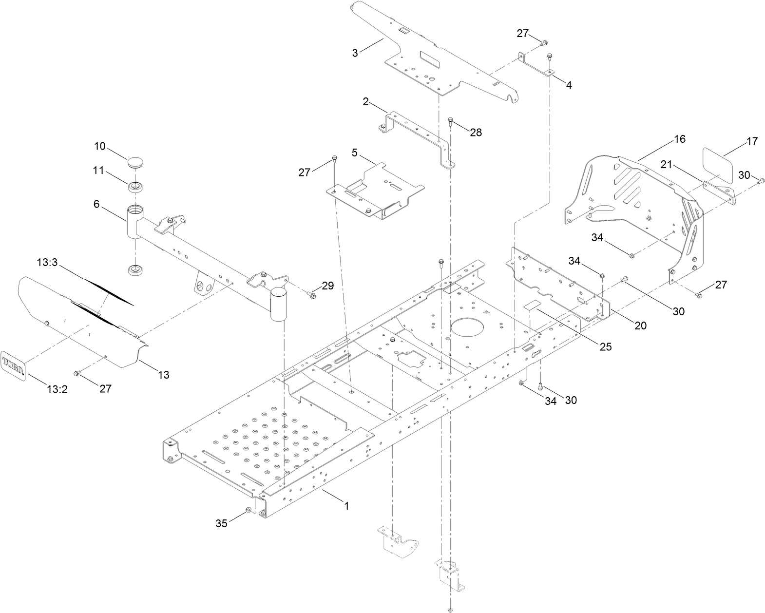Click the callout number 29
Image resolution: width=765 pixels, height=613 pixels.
coord(327,286)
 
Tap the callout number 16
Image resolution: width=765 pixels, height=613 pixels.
coord(679,139)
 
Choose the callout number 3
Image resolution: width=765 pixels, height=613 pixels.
coord(355,53)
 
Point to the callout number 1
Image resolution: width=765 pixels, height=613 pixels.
coord(346,506)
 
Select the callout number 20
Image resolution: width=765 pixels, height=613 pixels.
coord(640,326)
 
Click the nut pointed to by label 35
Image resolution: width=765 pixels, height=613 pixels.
coord(249,510)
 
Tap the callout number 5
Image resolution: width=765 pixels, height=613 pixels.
coord(354,153)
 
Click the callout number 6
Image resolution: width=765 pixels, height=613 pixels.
coord(96,205)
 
